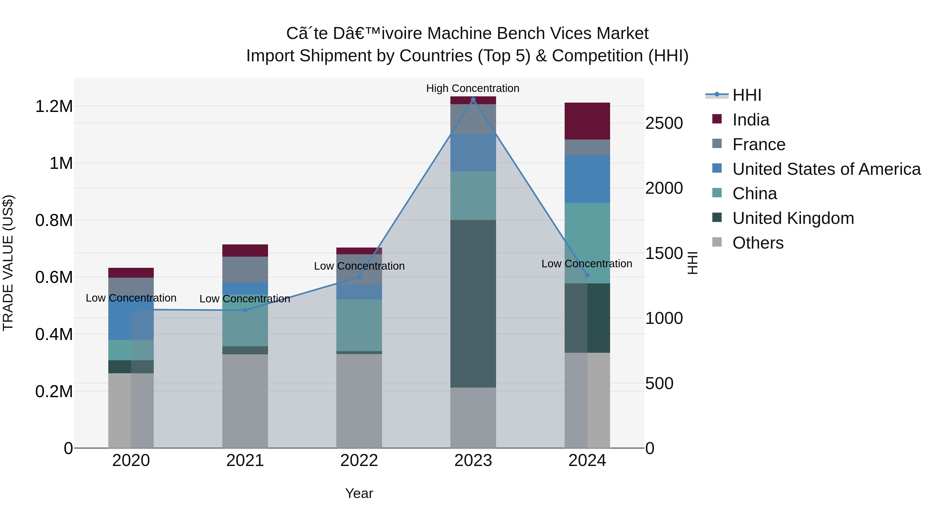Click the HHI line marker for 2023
point(473,99)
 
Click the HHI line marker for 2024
point(587,275)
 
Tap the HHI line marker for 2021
point(245,310)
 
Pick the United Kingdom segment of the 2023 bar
point(473,303)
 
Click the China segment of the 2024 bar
point(587,243)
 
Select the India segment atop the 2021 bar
point(245,250)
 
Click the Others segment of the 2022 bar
point(359,401)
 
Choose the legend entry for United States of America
point(826,169)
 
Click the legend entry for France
point(759,144)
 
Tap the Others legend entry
point(758,243)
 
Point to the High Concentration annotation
point(473,88)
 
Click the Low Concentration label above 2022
point(359,266)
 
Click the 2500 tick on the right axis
point(664,123)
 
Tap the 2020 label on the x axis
point(131,461)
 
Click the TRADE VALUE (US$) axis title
point(8,263)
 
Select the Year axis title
point(359,493)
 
